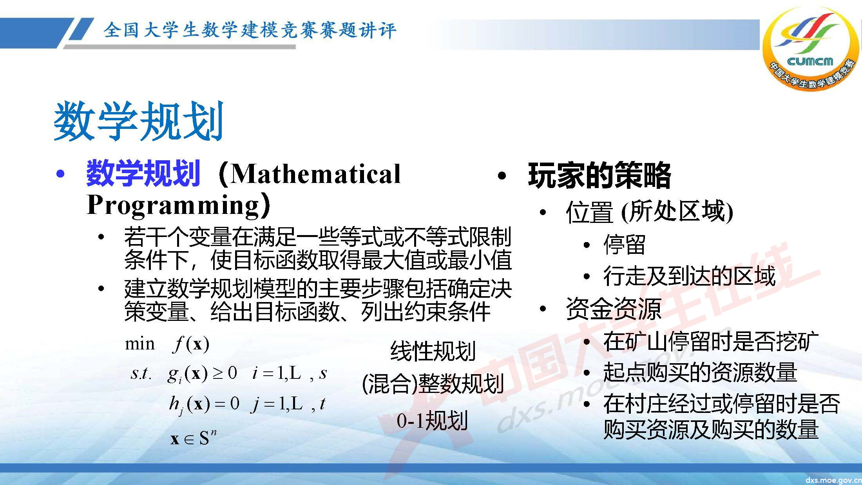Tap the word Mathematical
pos(316,174)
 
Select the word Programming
pos(173,204)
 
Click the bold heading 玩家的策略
pos(599,175)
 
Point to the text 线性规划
pos(433,351)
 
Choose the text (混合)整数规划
pos(433,384)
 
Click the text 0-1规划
pos(432,421)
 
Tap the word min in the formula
pos(139,344)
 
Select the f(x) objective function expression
pos(191,344)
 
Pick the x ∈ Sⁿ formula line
pos(194,438)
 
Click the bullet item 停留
pos(624,245)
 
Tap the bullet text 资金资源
pos(613,309)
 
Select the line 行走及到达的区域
pos(689,276)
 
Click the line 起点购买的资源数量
pos(700,372)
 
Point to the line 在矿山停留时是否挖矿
pos(711,341)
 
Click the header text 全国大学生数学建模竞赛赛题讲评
pos(250,31)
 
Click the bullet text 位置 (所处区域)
pos(649,212)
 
